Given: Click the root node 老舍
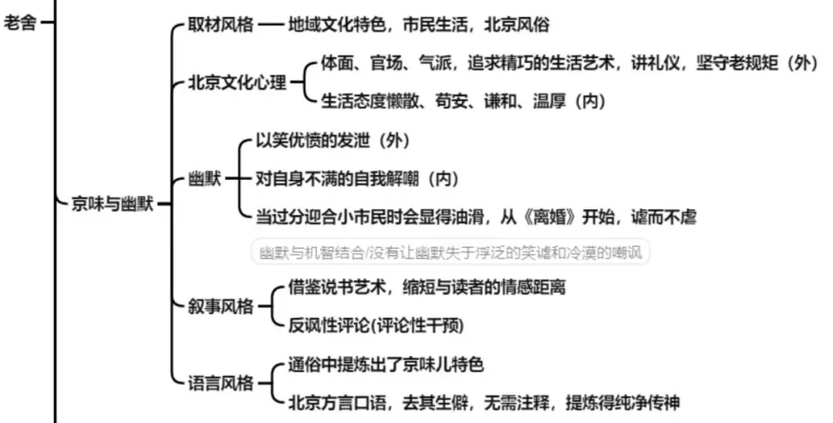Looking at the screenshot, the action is tap(21, 22).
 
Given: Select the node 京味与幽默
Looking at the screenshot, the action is tap(111, 205).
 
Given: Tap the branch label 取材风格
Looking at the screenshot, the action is tap(221, 24).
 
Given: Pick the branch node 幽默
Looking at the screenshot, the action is tap(204, 179).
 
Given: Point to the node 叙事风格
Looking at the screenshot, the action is tap(221, 306).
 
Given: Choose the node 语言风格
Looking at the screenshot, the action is tap(221, 382).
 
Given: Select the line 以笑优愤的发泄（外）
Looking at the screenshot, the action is tap(332, 140).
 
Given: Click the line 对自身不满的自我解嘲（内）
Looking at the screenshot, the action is tap(357, 179).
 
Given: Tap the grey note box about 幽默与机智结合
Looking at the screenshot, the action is tap(451, 252).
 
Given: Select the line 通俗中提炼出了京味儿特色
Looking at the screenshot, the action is tap(385, 364).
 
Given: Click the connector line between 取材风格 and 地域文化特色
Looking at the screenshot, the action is tap(271, 24).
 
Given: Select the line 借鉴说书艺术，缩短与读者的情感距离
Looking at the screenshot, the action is tap(427, 288).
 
